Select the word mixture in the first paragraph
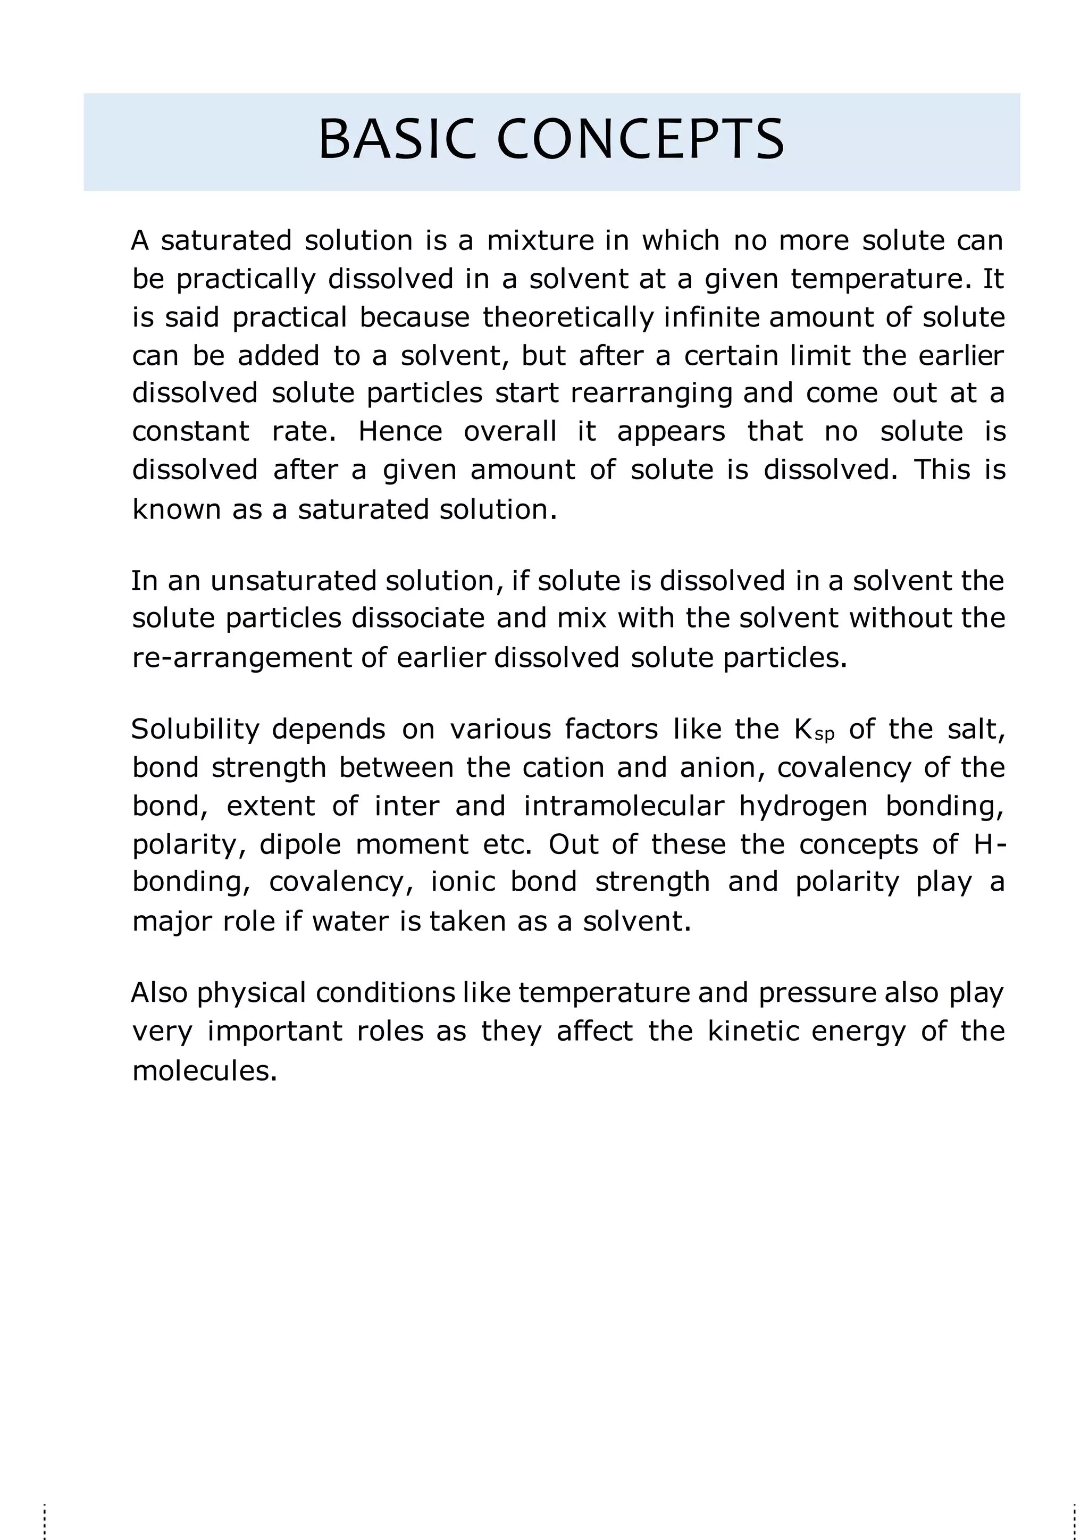(540, 241)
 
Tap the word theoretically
(567, 318)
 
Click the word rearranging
(651, 394)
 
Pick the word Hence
(400, 432)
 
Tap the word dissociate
(418, 619)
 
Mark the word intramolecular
(624, 806)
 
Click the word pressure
(817, 993)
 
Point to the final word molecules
(205, 1071)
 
